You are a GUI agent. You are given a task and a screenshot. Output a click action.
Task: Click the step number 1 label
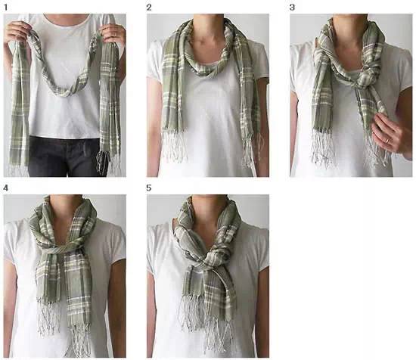(x=5, y=8)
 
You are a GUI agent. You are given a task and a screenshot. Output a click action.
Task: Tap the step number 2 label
(x=149, y=8)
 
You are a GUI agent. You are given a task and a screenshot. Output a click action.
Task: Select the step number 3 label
(x=292, y=8)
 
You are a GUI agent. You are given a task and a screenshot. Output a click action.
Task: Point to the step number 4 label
(x=5, y=188)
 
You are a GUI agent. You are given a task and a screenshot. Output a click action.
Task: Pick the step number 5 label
(x=149, y=188)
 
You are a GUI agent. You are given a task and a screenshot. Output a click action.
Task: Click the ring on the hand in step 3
(x=387, y=141)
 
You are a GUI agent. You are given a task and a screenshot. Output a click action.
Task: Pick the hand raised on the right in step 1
(x=113, y=33)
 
